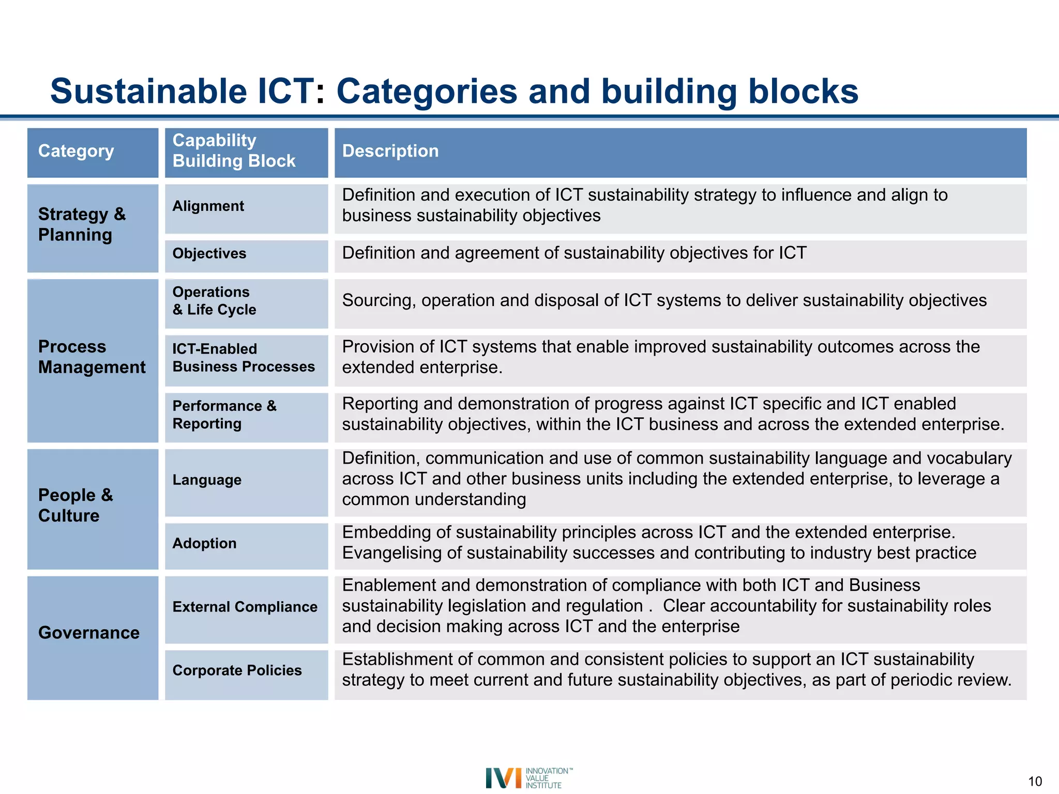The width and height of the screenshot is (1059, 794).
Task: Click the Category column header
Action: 77,151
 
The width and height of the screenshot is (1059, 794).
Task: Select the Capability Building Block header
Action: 234,151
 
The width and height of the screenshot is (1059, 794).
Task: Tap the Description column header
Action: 390,151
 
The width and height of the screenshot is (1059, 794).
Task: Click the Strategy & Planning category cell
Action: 82,225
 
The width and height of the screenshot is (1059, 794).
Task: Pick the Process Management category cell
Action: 92,357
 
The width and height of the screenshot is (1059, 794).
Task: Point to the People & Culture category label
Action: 75,506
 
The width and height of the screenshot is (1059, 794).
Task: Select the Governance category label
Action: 89,633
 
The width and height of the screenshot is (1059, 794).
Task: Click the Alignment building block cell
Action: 208,206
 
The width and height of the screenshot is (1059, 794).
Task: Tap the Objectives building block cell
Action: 209,254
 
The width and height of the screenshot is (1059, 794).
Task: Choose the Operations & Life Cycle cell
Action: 214,301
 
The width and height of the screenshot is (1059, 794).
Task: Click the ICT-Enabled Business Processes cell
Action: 243,358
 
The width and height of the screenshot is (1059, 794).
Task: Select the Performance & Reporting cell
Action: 224,415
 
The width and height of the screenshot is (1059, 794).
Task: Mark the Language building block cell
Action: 207,480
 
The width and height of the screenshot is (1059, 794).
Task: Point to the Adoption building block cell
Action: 204,544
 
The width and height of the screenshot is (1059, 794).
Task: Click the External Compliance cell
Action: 245,607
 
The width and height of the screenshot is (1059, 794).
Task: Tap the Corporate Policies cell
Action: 237,671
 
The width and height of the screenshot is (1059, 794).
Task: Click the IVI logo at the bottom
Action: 527,778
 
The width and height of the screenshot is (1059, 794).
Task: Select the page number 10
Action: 1035,782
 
